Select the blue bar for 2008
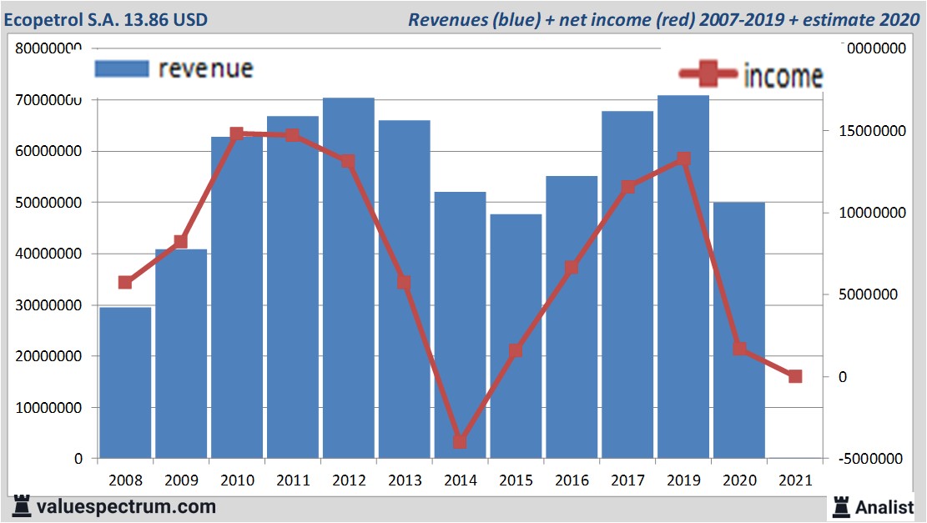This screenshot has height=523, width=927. click(x=125, y=383)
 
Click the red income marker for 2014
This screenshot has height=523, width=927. click(x=460, y=441)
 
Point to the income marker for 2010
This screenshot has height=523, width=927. click(x=236, y=133)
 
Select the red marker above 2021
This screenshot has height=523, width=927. click(x=794, y=376)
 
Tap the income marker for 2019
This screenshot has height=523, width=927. click(x=683, y=158)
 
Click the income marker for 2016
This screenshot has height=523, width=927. click(x=572, y=268)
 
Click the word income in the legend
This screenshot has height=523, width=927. click(x=782, y=76)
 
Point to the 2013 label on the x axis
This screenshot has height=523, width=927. click(x=404, y=480)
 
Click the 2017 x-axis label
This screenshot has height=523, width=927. click(x=627, y=480)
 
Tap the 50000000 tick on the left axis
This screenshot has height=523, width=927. click(x=49, y=203)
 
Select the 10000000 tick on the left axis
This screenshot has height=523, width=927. click(x=49, y=408)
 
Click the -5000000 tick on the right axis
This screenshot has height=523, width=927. click(x=872, y=459)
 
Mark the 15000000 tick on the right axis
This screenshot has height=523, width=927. click(x=872, y=131)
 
